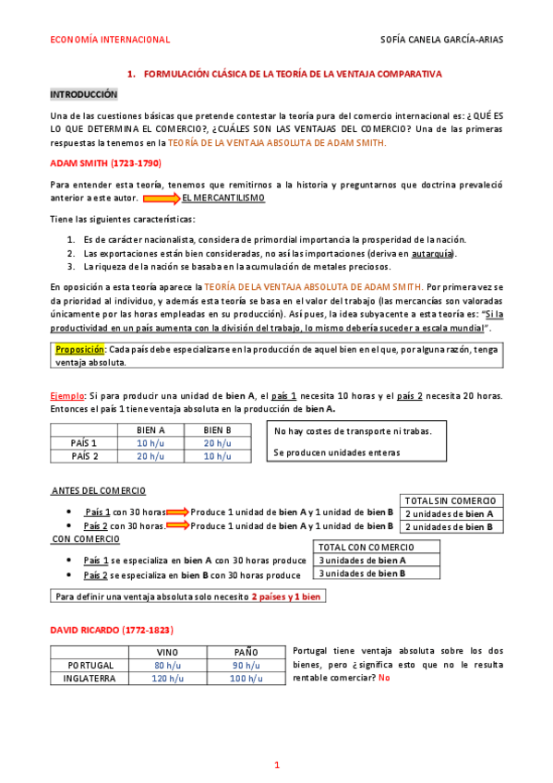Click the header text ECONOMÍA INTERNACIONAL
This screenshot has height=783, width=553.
pyautogui.click(x=109, y=40)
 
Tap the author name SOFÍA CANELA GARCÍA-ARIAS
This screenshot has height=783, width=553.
pyautogui.click(x=442, y=40)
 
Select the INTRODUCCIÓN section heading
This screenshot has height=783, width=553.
pyautogui.click(x=84, y=94)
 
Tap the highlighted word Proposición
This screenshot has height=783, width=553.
pyautogui.click(x=79, y=350)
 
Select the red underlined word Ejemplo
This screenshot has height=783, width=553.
pyautogui.click(x=69, y=395)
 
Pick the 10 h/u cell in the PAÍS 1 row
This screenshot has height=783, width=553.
pyautogui.click(x=150, y=442)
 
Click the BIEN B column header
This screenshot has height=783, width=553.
pyautogui.click(x=217, y=429)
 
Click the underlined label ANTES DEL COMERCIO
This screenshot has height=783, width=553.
pyautogui.click(x=98, y=491)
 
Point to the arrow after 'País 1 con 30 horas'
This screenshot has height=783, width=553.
pyautogui.click(x=178, y=512)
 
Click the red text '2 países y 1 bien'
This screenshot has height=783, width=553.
pyautogui.click(x=286, y=596)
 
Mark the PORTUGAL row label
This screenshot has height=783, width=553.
pyautogui.click(x=90, y=665)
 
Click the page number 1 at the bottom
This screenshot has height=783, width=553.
pyautogui.click(x=277, y=765)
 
